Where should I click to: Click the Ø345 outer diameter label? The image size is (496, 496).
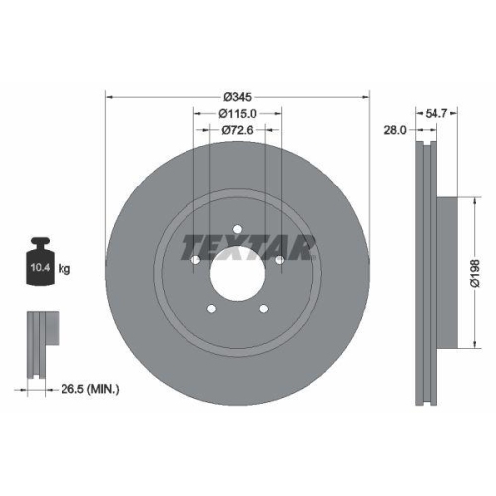point(237,96)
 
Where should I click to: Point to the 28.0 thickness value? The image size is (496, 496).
point(397,129)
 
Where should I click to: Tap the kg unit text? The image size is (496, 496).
point(64,269)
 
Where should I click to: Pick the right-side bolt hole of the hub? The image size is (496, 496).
point(280,261)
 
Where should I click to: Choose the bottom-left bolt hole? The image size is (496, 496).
point(211,311)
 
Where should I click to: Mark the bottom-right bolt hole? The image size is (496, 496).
point(263,311)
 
